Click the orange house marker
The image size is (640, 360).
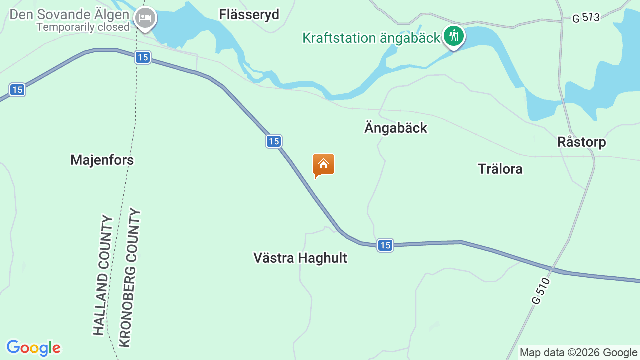pyautogui.click(x=324, y=164)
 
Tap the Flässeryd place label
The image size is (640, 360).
pyautogui.click(x=249, y=15)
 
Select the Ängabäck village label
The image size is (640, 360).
pyautogui.click(x=396, y=128)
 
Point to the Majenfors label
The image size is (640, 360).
pyautogui.click(x=102, y=160)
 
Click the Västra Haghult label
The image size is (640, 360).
pyautogui.click(x=300, y=258)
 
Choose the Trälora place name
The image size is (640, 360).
pyautogui.click(x=500, y=169)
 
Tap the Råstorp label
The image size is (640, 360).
pyautogui.click(x=581, y=142)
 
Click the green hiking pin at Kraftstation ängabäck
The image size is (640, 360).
pyautogui.click(x=454, y=36)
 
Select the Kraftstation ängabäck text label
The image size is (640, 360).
pyautogui.click(x=371, y=38)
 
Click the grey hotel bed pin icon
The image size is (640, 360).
pyautogui.click(x=145, y=18)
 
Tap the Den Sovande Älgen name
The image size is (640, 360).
pyautogui.click(x=69, y=14)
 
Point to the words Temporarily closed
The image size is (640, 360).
pyautogui.click(x=83, y=27)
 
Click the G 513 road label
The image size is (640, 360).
pyautogui.click(x=586, y=18)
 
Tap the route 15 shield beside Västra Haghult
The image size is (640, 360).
pyautogui.click(x=385, y=245)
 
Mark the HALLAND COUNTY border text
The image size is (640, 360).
pyautogui.click(x=103, y=275)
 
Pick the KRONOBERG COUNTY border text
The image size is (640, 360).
pyautogui.click(x=129, y=278)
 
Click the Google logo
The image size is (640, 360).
pyautogui.click(x=33, y=348)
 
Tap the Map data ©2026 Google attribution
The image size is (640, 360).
pyautogui.click(x=578, y=352)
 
